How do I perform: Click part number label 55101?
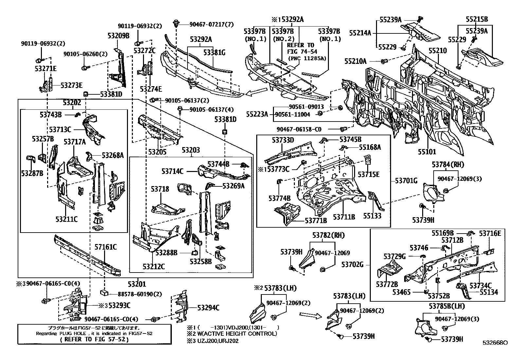427,152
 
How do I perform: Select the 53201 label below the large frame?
137,284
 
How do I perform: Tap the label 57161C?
106,247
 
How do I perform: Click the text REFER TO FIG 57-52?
94,339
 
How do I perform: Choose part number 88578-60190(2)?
140,294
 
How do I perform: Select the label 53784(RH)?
448,164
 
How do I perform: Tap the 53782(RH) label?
328,235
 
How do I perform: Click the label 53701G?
406,180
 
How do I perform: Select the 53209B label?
118,36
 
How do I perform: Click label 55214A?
360,33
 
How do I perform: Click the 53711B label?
344,217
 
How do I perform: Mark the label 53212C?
153,266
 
